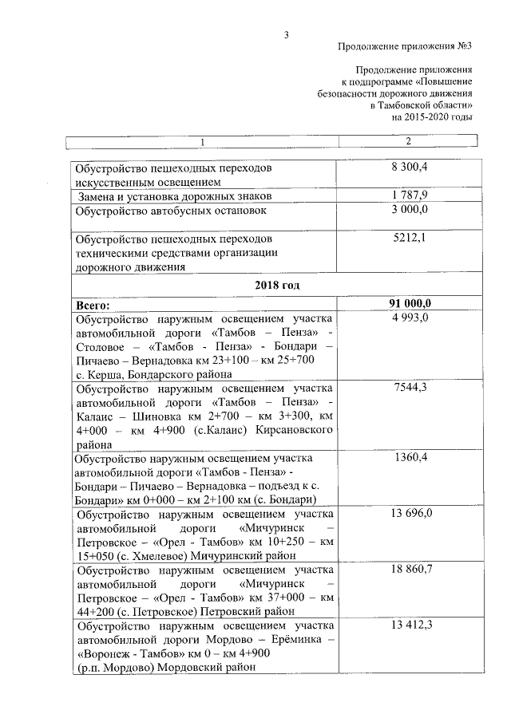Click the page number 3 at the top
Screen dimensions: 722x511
[x=285, y=34]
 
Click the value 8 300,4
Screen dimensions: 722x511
[x=410, y=168]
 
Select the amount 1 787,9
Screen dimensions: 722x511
[x=410, y=195]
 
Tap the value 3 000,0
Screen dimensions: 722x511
[x=410, y=210]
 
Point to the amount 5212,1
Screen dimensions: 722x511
[x=410, y=239]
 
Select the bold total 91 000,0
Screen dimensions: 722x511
[x=410, y=304]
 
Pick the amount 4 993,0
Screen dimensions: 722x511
[x=410, y=318]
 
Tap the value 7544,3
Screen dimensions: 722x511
[x=410, y=388]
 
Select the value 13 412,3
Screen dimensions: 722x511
[x=410, y=624]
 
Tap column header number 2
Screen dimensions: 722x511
[x=409, y=142]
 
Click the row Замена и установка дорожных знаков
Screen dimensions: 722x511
[x=176, y=195]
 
